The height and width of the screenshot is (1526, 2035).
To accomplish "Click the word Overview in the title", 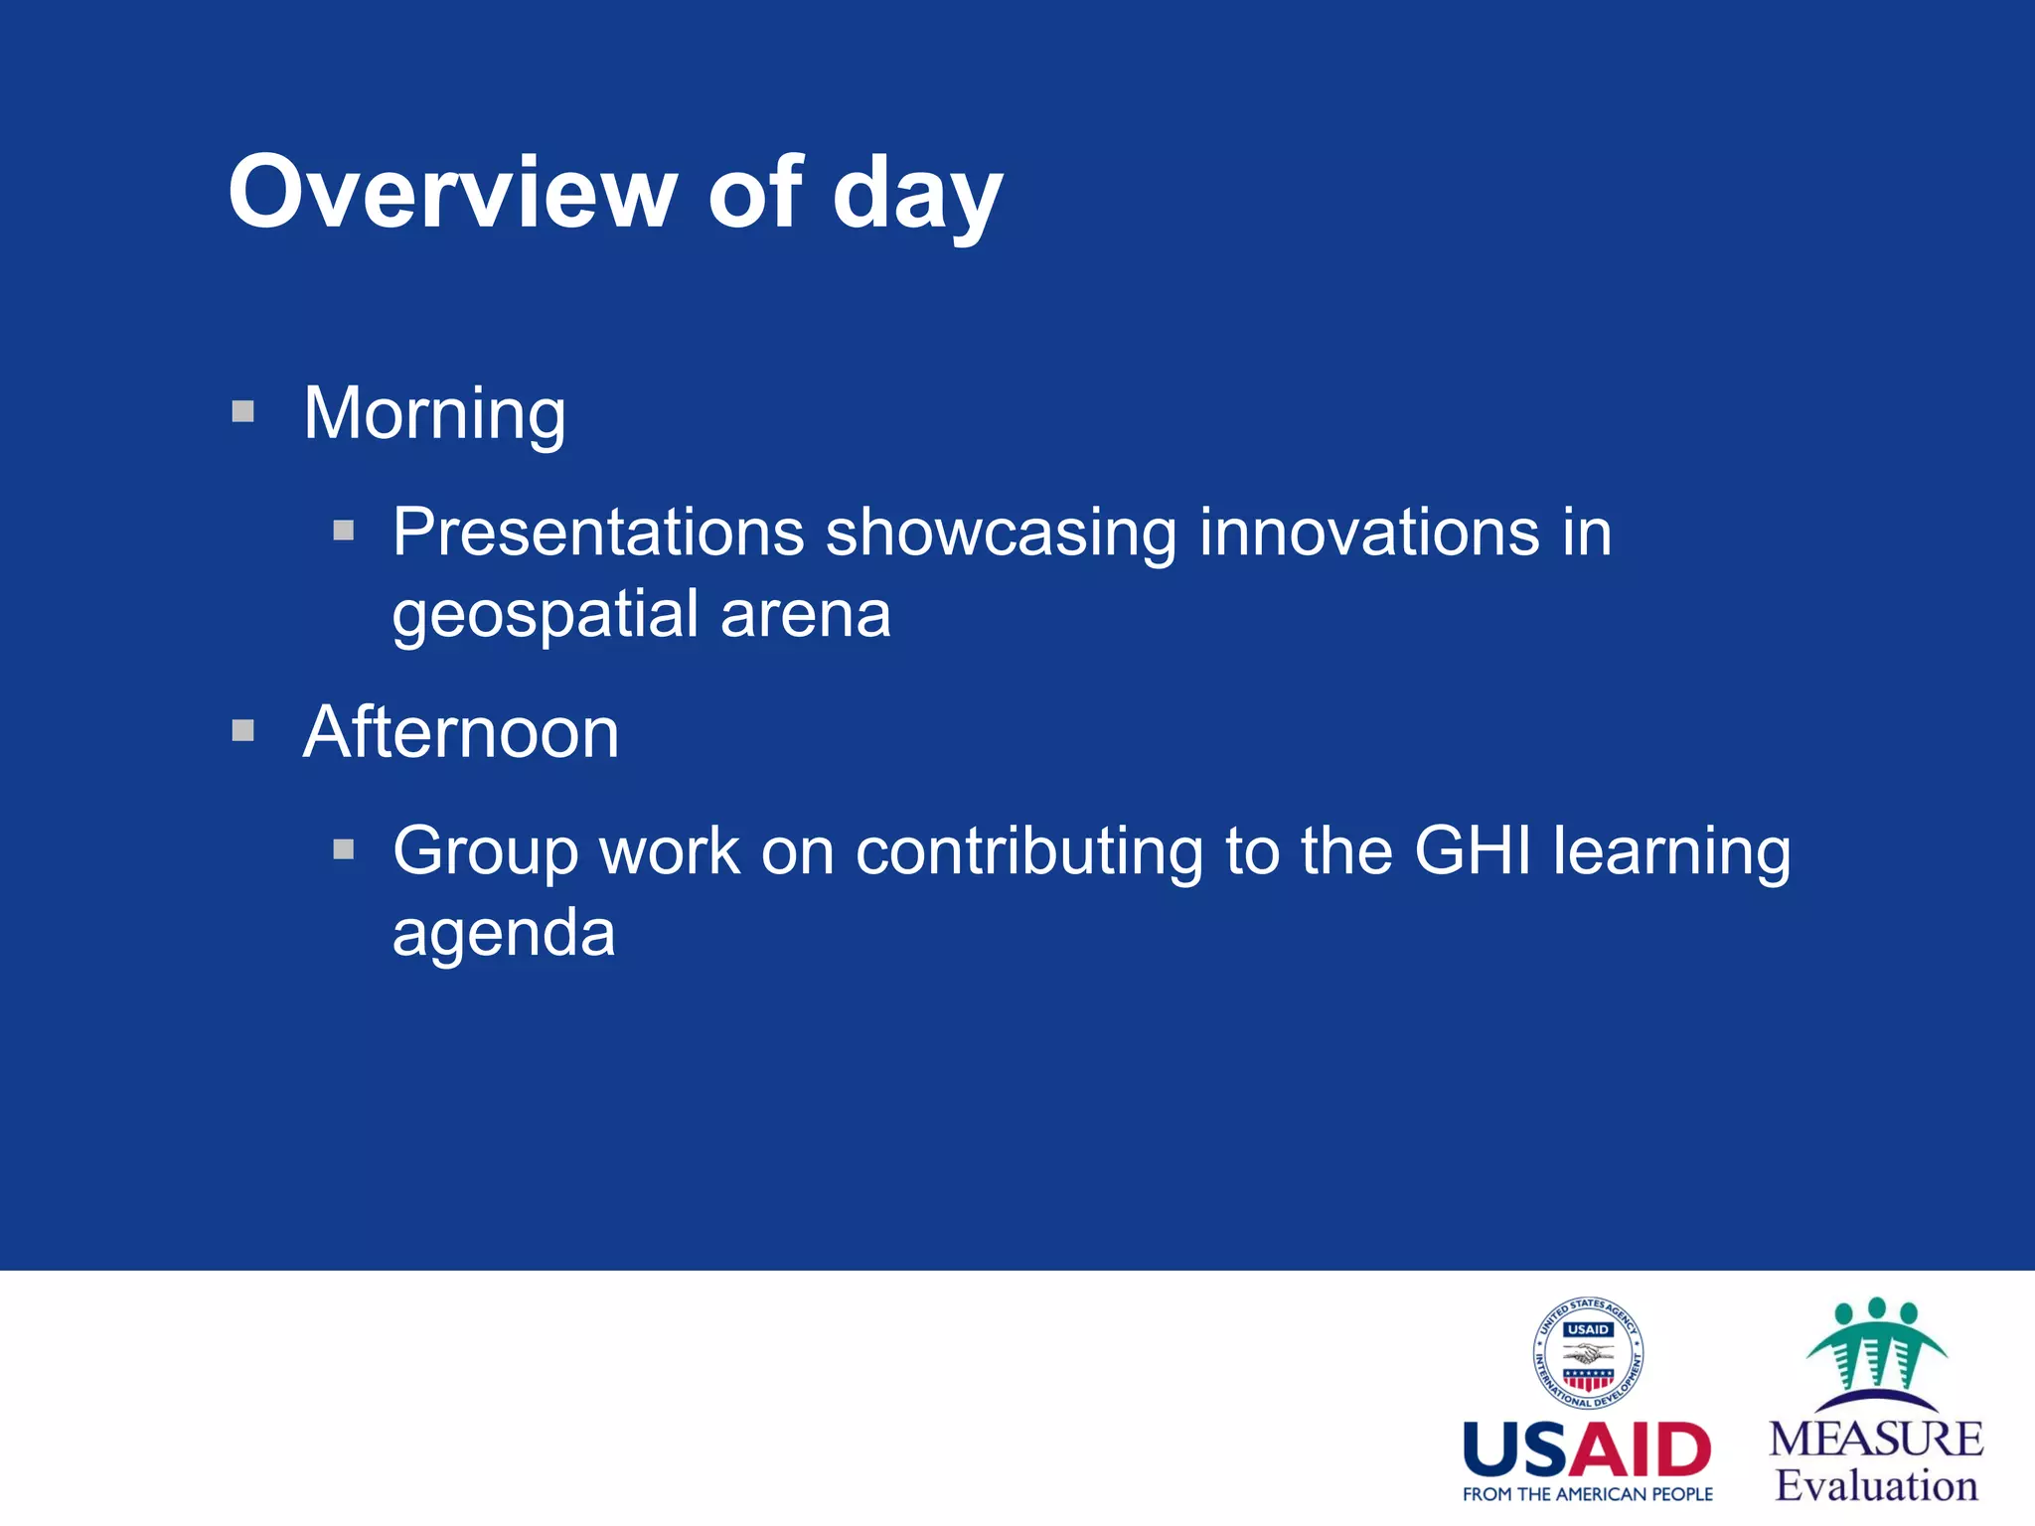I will [x=452, y=194].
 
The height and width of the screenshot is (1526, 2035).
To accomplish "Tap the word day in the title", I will [x=916, y=197].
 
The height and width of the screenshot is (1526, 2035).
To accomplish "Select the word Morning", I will [x=434, y=414].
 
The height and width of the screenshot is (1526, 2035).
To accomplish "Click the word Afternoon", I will [x=461, y=733].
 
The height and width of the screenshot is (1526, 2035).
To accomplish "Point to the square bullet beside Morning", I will [x=243, y=411].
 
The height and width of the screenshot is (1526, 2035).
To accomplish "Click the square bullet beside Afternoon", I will [x=243, y=731].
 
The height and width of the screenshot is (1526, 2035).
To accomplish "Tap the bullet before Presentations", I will [x=344, y=531].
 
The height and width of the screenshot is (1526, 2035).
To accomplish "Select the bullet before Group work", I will [x=344, y=849].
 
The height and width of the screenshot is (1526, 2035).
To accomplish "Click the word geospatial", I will [x=545, y=616].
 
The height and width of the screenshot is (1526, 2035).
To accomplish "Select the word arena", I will [x=805, y=616].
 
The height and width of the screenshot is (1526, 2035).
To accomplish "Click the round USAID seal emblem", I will [x=1588, y=1353].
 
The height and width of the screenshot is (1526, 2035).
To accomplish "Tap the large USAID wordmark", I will [x=1587, y=1450].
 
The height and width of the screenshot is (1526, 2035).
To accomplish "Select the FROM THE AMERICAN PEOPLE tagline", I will [x=1587, y=1494].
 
